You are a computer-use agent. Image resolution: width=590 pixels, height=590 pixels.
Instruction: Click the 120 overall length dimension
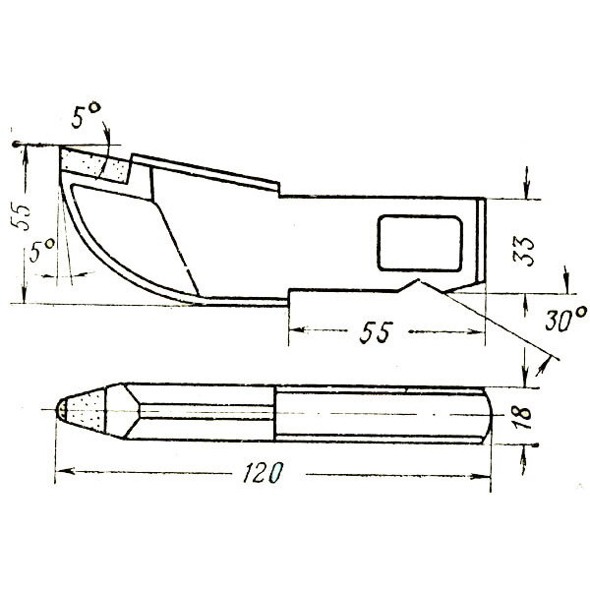[263, 472]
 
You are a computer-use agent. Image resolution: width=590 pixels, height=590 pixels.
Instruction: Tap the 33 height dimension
[523, 252]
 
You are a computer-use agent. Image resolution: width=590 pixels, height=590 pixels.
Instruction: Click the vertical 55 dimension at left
[21, 217]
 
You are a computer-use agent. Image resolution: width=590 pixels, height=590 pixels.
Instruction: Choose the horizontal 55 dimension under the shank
[376, 332]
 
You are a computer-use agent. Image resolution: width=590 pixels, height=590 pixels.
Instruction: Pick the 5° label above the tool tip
[86, 115]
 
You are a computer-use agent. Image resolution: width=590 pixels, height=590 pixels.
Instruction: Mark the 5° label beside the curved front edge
[41, 250]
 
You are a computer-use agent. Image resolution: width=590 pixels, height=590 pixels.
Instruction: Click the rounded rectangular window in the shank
[420, 243]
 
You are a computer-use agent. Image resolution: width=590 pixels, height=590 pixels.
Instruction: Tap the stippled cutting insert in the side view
[96, 165]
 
